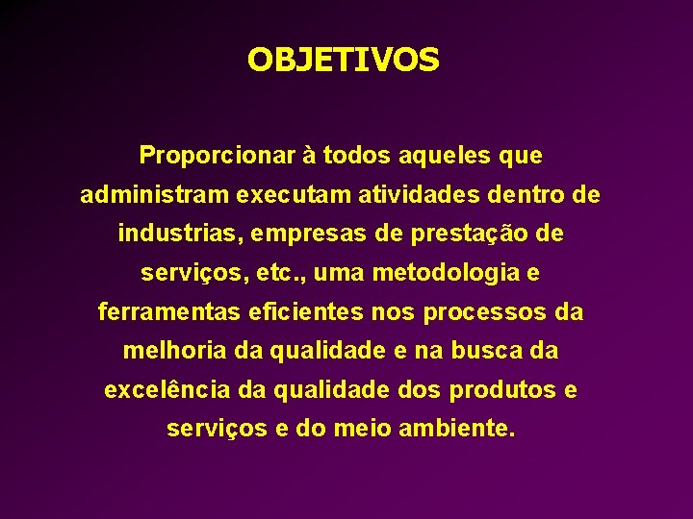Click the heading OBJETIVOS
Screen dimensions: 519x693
[343, 61]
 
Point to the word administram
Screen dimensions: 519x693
[155, 195]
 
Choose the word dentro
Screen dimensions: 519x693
[528, 195]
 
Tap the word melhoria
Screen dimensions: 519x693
[174, 352]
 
